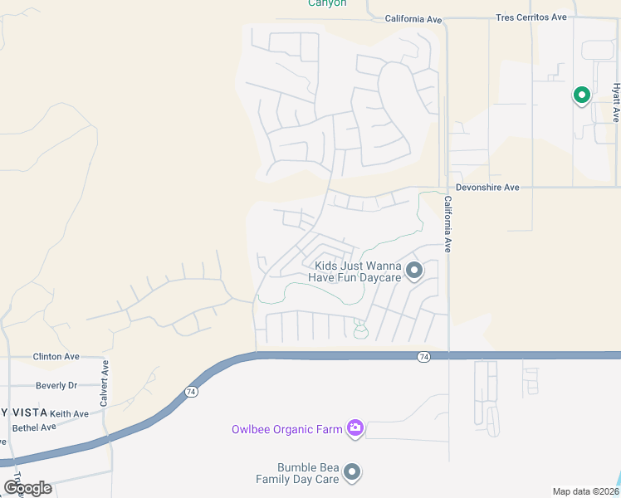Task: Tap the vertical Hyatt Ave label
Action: (x=616, y=102)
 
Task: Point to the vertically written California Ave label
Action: (x=447, y=224)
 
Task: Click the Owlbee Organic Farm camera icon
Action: (x=355, y=428)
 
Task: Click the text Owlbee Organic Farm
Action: (x=286, y=429)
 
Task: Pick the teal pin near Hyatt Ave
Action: (x=582, y=95)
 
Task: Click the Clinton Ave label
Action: (x=56, y=356)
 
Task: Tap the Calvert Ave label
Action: (x=105, y=383)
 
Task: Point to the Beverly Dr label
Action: (x=56, y=385)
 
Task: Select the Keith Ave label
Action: (x=69, y=413)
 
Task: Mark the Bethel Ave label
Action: (x=34, y=427)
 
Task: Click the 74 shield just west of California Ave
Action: (x=423, y=356)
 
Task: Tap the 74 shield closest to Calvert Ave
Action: (x=192, y=390)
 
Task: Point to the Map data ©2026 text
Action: (x=585, y=491)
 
